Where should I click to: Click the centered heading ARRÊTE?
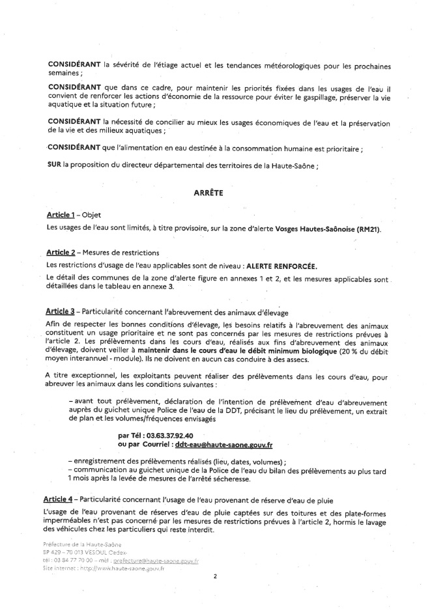point(208,193)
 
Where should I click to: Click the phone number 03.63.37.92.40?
point(161,434)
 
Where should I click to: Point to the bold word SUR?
point(54,165)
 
